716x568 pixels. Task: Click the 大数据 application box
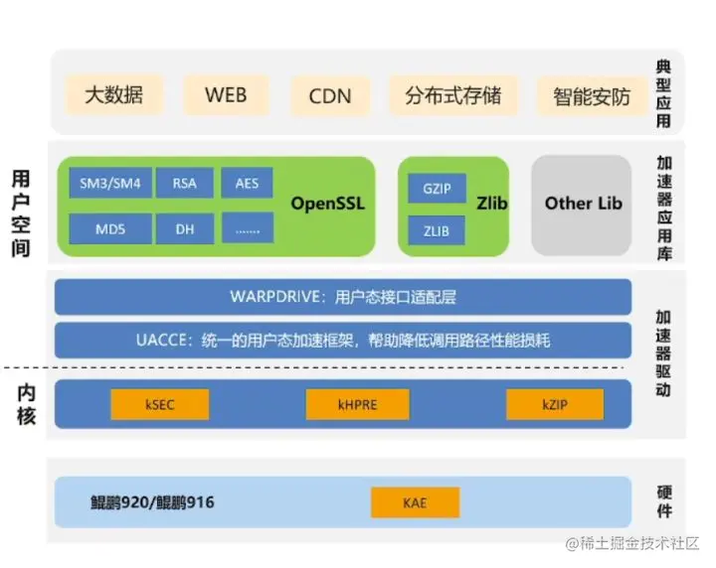(113, 95)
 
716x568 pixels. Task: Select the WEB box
(226, 95)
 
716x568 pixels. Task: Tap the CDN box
(330, 96)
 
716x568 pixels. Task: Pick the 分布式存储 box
(453, 95)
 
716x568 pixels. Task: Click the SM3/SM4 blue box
(110, 184)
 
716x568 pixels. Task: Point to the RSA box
(184, 184)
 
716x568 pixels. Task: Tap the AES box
(247, 184)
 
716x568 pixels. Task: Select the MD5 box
(110, 229)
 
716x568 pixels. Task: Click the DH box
(184, 229)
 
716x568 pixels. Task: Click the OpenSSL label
(328, 205)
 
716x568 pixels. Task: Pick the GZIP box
(438, 188)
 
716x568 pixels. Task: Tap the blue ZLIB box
(438, 231)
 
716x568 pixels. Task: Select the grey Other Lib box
(583, 205)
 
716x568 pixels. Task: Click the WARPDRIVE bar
(343, 297)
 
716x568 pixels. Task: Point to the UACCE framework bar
(343, 341)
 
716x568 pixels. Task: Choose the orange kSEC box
(159, 404)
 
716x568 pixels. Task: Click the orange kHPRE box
(357, 404)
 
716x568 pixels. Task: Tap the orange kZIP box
(554, 404)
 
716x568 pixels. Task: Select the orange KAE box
(415, 502)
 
